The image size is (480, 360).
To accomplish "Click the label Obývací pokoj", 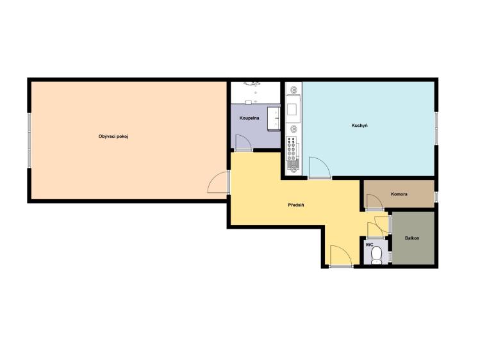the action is click(x=113, y=136).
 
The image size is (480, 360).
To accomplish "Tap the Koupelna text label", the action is click(x=249, y=118).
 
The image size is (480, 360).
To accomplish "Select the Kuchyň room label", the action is click(x=360, y=126).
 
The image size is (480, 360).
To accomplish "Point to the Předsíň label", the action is click(x=295, y=205).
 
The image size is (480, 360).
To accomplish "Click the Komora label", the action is click(x=399, y=194).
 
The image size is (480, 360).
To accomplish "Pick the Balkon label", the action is click(x=411, y=238).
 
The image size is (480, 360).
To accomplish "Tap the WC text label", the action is click(x=370, y=245).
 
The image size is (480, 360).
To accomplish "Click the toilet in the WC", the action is click(x=376, y=256).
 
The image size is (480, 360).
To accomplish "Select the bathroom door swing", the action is click(x=244, y=142).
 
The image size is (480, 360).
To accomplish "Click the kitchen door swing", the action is click(x=320, y=167).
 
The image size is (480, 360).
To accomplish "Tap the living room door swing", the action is click(x=218, y=182).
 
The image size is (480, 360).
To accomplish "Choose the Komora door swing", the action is click(x=375, y=201).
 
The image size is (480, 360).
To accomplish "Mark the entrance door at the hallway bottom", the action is click(x=341, y=256).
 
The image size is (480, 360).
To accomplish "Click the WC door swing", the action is click(x=376, y=230).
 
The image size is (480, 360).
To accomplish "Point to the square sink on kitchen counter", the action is click(x=292, y=109).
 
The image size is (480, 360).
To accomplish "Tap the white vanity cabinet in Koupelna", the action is click(x=274, y=119).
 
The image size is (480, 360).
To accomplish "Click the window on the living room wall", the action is click(x=29, y=140).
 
